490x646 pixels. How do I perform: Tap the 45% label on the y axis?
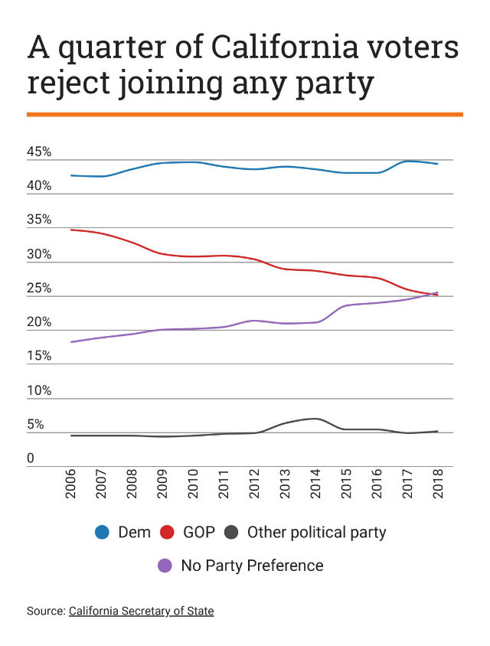click(x=39, y=152)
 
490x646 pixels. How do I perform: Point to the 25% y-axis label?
click(x=39, y=289)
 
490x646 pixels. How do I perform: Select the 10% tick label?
click(x=39, y=390)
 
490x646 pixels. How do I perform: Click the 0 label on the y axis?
click(x=31, y=458)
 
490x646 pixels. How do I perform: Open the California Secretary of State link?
click(x=141, y=611)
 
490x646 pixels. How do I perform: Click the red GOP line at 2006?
click(x=71, y=230)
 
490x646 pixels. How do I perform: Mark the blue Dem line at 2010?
click(x=193, y=162)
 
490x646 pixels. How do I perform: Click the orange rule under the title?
click(x=245, y=114)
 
